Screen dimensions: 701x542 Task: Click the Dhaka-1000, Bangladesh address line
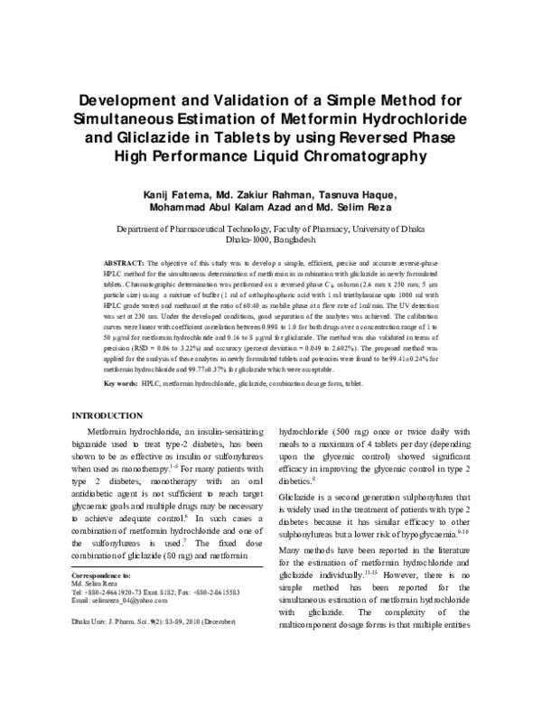pos(270,242)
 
